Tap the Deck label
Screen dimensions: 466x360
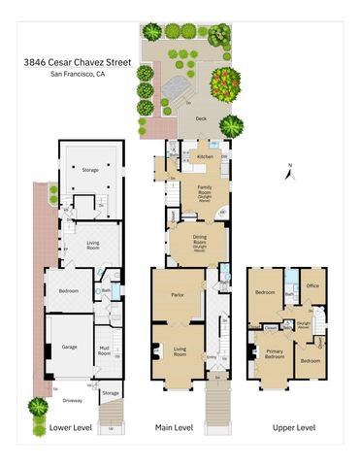[201, 119]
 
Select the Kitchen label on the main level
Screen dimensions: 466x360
[206, 155]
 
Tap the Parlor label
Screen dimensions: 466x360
[178, 294]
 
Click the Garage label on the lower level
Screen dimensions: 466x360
[69, 347]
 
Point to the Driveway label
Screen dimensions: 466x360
[73, 398]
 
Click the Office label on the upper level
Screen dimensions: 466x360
[312, 286]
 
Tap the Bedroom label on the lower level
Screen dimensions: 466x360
[68, 291]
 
